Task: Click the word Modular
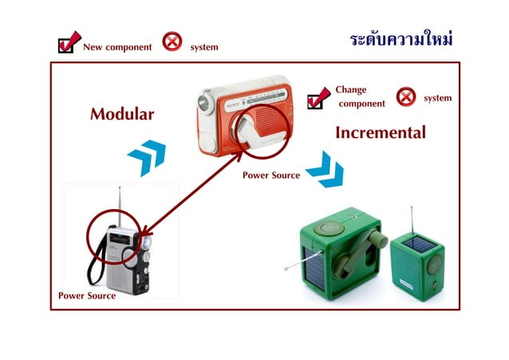point(121,114)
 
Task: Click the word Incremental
point(380,133)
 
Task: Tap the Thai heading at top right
point(401,39)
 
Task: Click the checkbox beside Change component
point(318,98)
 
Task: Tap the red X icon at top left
point(172,42)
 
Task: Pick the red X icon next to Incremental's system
point(406,97)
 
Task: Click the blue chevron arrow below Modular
point(146,156)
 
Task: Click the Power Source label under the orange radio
point(271,176)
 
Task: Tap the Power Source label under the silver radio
point(87,295)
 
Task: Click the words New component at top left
point(117,47)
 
